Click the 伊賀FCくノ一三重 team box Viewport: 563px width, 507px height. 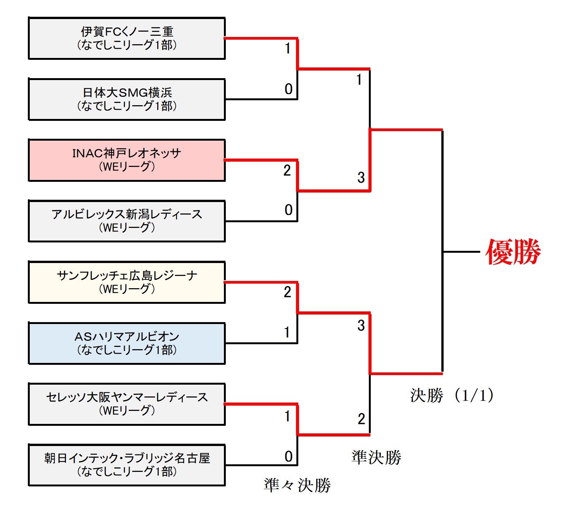click(127, 38)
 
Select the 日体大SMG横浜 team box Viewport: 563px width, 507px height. click(127, 99)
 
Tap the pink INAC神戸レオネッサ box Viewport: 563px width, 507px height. click(127, 160)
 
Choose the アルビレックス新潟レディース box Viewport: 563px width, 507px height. click(127, 221)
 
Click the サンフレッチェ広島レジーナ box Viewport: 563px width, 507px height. click(127, 282)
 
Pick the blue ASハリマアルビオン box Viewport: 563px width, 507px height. click(127, 343)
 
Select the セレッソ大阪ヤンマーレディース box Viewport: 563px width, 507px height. click(127, 404)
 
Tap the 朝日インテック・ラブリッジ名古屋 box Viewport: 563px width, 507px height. click(127, 465)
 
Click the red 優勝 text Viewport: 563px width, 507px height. click(513, 252)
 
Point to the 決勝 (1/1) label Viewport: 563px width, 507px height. click(452, 395)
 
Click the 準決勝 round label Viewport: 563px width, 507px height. click(376, 457)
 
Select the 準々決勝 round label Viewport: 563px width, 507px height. click(297, 485)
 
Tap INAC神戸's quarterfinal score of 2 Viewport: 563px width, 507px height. click(287, 170)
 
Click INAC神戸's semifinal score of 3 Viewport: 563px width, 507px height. click(361, 177)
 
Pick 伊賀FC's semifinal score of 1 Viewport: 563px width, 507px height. click(359, 80)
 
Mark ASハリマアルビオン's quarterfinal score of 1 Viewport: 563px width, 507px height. click(287, 332)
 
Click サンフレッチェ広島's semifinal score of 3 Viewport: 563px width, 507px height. click(361, 325)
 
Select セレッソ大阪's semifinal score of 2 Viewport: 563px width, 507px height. click(361, 419)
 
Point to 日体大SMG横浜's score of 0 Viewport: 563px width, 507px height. click(289, 89)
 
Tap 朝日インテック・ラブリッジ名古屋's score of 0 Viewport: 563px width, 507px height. click(289, 456)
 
